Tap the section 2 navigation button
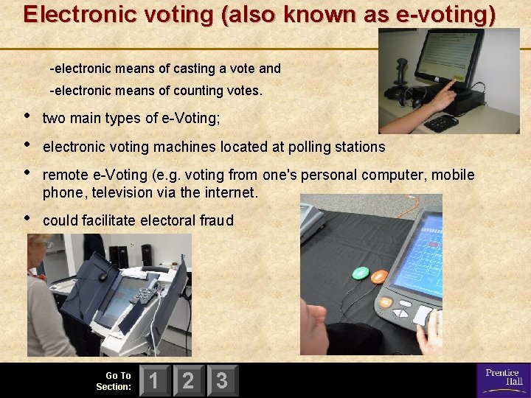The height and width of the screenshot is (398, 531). tap(188, 380)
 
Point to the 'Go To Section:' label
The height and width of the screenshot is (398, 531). tap(114, 381)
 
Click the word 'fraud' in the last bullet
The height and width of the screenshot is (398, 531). tap(217, 220)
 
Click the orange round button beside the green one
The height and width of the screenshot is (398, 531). tap(378, 277)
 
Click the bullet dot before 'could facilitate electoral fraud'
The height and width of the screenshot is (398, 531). tap(28, 218)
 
